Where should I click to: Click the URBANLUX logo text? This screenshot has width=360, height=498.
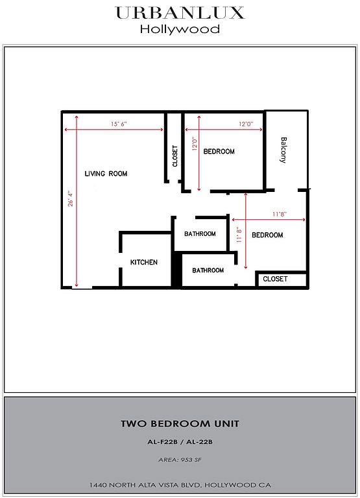pyautogui.click(x=180, y=13)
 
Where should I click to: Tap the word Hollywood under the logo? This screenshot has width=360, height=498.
pyautogui.click(x=180, y=29)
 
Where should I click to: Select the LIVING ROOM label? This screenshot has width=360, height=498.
pyautogui.click(x=106, y=174)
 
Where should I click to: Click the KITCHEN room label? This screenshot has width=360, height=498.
pyautogui.click(x=144, y=262)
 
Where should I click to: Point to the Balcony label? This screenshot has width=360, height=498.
pyautogui.click(x=283, y=150)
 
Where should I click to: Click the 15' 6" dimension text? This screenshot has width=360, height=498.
pyautogui.click(x=119, y=124)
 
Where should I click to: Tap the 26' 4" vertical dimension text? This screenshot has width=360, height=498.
pyautogui.click(x=70, y=198)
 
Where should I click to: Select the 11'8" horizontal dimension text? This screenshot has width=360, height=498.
pyautogui.click(x=280, y=214)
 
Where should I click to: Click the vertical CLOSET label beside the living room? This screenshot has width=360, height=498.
pyautogui.click(x=174, y=156)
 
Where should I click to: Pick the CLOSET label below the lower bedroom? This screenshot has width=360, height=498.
pyautogui.click(x=275, y=279)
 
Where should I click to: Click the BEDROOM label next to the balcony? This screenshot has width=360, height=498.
pyautogui.click(x=219, y=152)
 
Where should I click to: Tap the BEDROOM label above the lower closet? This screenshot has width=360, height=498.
pyautogui.click(x=267, y=235)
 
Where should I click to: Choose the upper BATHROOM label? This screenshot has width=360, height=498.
pyautogui.click(x=200, y=233)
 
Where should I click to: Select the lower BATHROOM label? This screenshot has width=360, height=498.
pyautogui.click(x=208, y=270)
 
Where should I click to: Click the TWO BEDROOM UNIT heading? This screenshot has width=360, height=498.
pyautogui.click(x=180, y=423)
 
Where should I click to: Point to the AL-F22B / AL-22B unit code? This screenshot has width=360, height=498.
pyautogui.click(x=180, y=442)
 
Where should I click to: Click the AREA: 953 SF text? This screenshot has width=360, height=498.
pyautogui.click(x=180, y=460)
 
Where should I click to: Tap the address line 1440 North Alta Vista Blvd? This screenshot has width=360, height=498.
pyautogui.click(x=180, y=485)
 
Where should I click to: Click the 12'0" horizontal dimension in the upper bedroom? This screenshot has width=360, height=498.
pyautogui.click(x=246, y=124)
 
